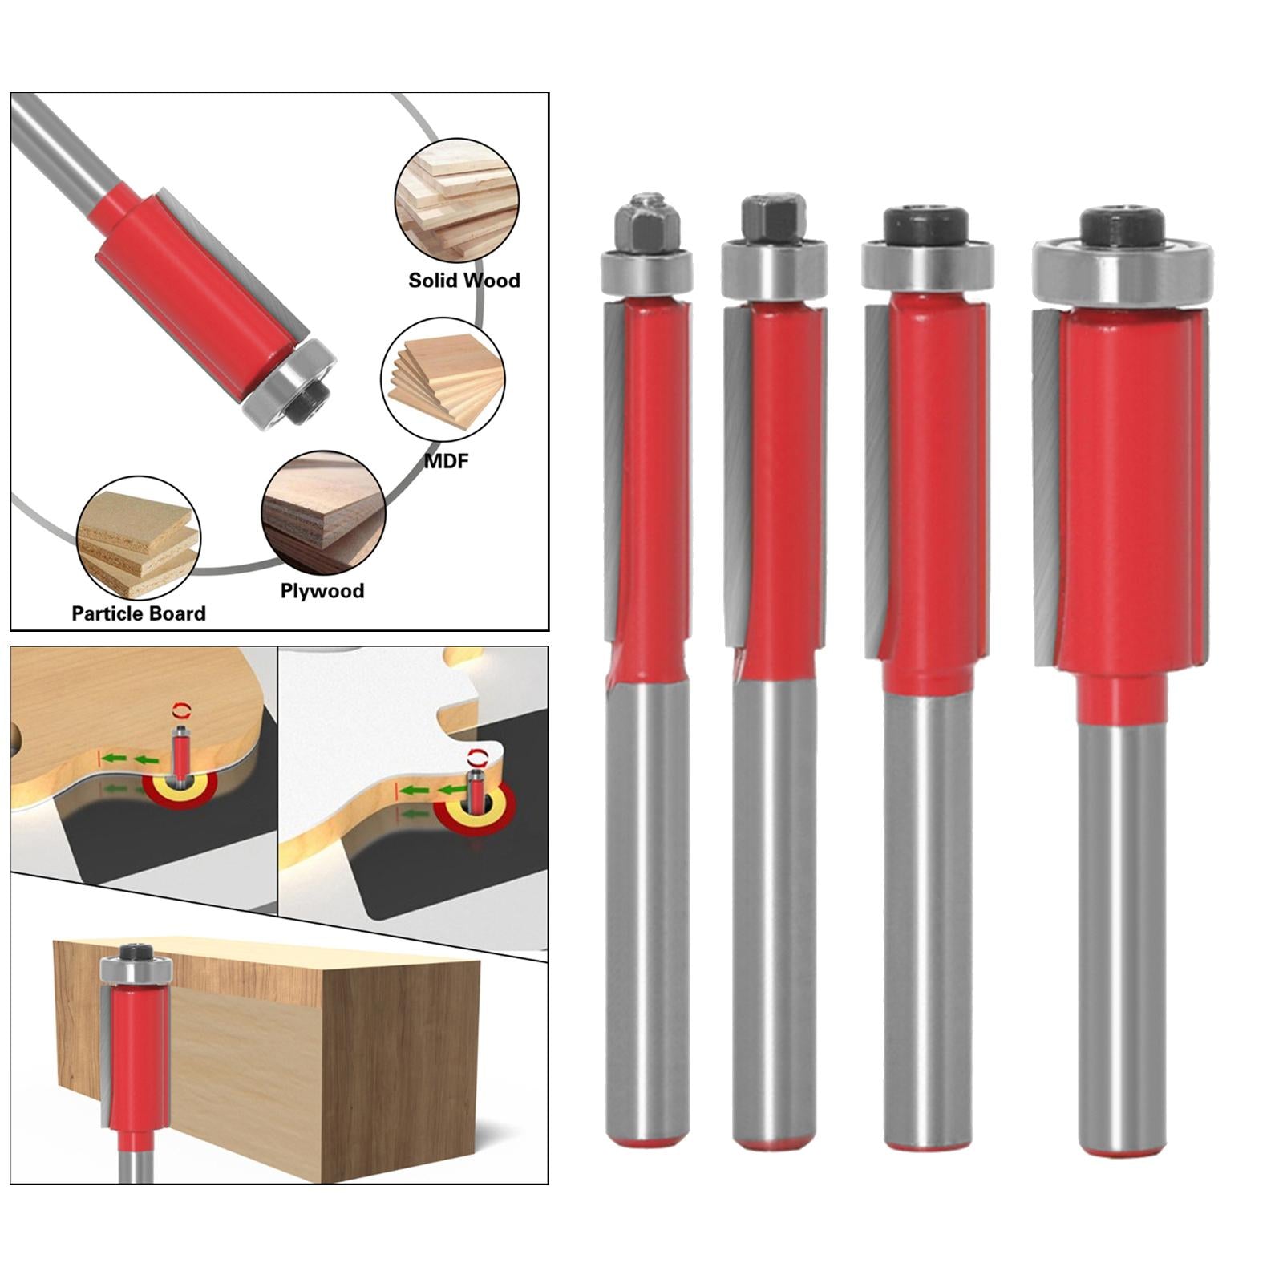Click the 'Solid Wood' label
(x=464, y=280)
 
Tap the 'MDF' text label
(x=446, y=461)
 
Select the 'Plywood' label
(x=322, y=591)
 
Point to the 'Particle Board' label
(x=139, y=613)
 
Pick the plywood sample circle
(x=323, y=512)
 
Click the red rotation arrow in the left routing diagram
(x=184, y=708)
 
